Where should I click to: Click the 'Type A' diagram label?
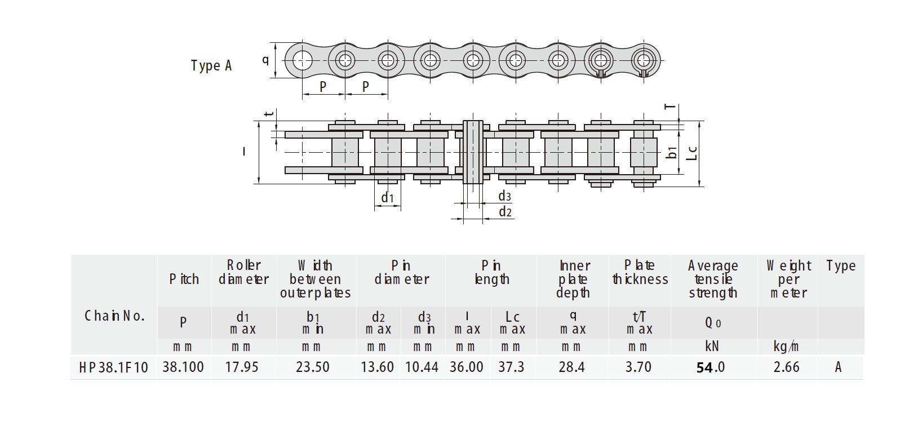[x=211, y=65]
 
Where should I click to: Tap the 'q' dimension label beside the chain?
[x=265, y=60]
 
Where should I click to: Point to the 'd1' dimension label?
[x=387, y=198]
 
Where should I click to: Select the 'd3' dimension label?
[x=504, y=196]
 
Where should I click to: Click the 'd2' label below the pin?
[x=505, y=211]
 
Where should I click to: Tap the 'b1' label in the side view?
[x=672, y=153]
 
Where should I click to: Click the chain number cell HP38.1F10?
[x=113, y=367]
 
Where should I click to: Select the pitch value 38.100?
[x=183, y=367]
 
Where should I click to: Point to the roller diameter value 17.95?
[x=242, y=367]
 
